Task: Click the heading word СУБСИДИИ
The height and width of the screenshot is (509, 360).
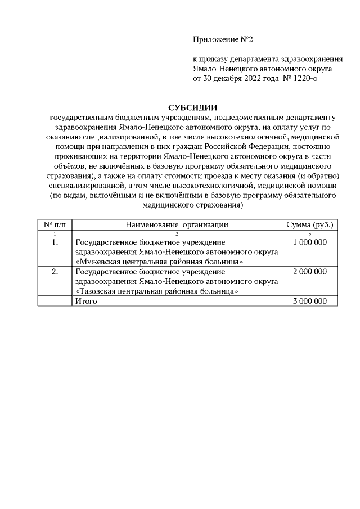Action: click(x=193, y=107)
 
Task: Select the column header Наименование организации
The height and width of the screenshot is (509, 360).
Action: click(x=177, y=224)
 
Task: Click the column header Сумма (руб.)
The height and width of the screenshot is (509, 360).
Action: click(x=310, y=224)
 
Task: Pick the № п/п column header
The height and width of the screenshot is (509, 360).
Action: click(x=55, y=224)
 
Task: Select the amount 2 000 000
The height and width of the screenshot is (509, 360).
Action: click(x=309, y=272)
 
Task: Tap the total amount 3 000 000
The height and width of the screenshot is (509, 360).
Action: click(x=309, y=301)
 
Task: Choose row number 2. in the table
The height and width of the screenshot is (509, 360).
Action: click(x=55, y=272)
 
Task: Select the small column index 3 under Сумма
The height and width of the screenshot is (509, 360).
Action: click(x=310, y=233)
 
